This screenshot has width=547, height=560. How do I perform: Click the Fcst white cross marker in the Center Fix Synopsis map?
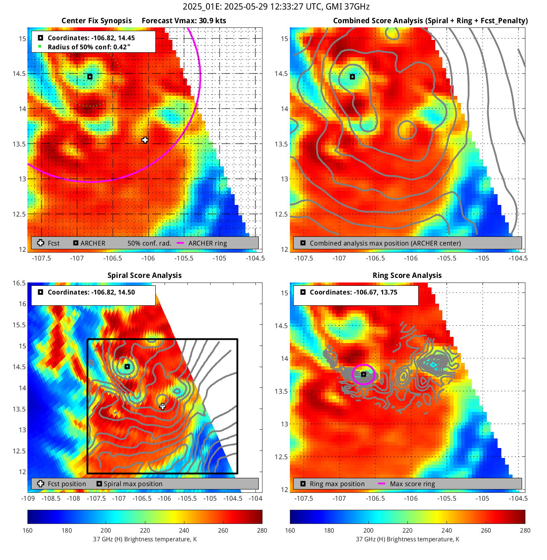coord(145,140)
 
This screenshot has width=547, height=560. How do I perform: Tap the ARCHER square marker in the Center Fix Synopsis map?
coord(90,77)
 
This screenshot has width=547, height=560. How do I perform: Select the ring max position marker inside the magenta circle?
coord(363,375)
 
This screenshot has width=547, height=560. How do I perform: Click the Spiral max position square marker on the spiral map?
coord(128,367)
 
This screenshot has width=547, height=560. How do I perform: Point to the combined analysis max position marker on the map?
coord(352,77)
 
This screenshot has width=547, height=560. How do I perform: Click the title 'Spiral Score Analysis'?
coord(145,275)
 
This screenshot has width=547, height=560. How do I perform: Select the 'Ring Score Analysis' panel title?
coord(407,275)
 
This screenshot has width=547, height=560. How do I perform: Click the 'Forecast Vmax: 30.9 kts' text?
coord(184,21)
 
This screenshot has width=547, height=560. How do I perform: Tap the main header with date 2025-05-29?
coord(276,7)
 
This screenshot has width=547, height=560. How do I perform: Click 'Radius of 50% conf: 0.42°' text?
coord(89,47)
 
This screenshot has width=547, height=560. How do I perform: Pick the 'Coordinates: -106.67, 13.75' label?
coord(353,292)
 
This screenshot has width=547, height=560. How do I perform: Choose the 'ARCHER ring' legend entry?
coord(207,243)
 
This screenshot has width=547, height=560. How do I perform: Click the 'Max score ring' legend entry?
coord(412,484)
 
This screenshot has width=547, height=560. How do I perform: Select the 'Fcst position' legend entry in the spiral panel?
coord(66,484)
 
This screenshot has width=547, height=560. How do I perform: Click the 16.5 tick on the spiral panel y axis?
coord(19,283)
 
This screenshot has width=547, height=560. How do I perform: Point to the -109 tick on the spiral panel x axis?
coord(28,498)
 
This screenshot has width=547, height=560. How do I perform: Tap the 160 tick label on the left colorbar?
coord(27,530)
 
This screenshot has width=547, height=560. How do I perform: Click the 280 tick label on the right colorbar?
coord(525,530)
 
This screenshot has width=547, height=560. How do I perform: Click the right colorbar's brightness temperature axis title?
coord(407,539)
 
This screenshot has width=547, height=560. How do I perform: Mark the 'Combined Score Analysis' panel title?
coord(430,21)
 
